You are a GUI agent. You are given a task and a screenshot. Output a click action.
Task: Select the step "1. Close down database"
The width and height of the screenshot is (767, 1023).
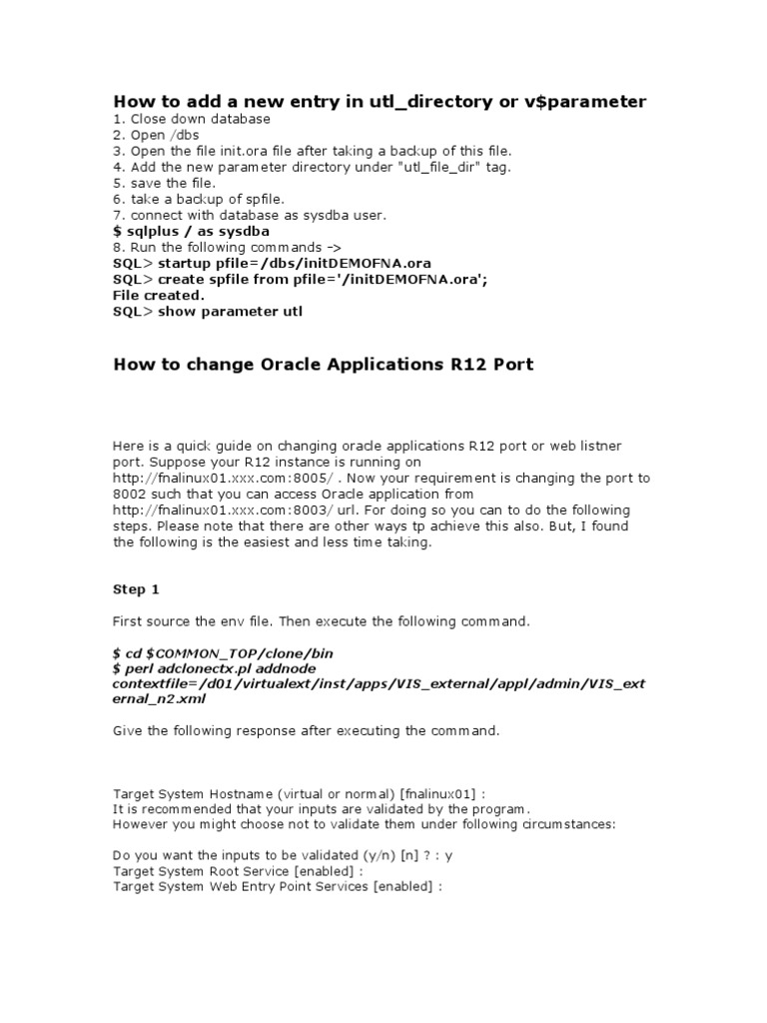(192, 119)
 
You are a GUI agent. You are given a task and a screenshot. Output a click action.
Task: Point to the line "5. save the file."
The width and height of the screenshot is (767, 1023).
(164, 183)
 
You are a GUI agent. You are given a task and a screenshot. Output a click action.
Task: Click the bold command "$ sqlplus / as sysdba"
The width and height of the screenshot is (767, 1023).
(187, 231)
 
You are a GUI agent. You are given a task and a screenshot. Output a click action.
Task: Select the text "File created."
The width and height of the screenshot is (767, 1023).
(159, 295)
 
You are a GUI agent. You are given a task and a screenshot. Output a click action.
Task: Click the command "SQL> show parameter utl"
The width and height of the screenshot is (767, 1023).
(207, 311)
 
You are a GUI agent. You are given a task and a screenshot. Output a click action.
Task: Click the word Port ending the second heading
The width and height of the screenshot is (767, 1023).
(512, 365)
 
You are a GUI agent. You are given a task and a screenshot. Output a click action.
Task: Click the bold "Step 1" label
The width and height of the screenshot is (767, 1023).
(136, 589)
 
